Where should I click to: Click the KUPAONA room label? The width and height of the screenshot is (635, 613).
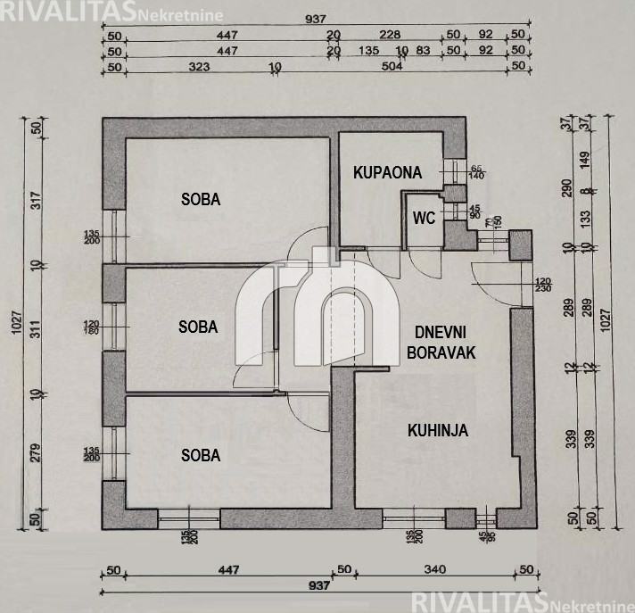[386, 173]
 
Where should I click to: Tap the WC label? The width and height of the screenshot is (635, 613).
[425, 218]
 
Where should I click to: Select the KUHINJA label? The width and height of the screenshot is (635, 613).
[438, 430]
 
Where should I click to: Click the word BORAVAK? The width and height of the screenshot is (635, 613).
[441, 352]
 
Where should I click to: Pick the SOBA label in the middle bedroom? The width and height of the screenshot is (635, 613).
[198, 327]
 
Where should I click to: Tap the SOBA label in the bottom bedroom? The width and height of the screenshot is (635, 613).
[201, 455]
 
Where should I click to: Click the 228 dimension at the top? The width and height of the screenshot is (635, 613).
[390, 36]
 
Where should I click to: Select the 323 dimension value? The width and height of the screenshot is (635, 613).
[199, 66]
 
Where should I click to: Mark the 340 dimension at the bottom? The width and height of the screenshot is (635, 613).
[434, 570]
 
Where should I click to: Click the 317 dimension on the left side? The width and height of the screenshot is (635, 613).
[37, 201]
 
